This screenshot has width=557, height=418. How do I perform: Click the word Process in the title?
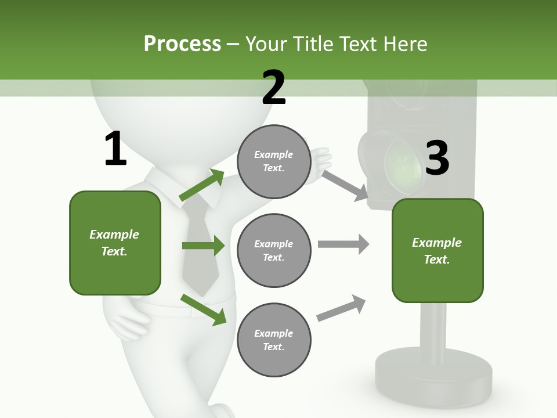pyautogui.click(x=182, y=44)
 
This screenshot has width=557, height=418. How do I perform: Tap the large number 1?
pyautogui.click(x=115, y=149)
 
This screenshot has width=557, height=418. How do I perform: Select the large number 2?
pyautogui.click(x=274, y=88)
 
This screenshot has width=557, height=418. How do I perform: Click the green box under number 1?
pyautogui.click(x=115, y=243)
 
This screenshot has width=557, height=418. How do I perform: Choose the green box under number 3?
pyautogui.click(x=437, y=251)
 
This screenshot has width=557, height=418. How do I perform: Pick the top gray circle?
pyautogui.click(x=274, y=161)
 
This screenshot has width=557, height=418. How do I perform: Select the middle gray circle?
pyautogui.click(x=274, y=250)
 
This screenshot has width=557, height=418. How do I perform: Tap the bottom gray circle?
pyautogui.click(x=274, y=340)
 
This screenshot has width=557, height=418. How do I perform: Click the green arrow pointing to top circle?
pyautogui.click(x=202, y=185)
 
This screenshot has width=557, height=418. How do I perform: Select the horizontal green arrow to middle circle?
pyautogui.click(x=203, y=246)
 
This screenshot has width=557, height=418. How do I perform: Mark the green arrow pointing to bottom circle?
pyautogui.click(x=203, y=309)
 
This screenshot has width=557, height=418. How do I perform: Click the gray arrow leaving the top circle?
pyautogui.click(x=345, y=186)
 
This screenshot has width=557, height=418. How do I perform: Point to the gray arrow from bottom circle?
pyautogui.click(x=341, y=308)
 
